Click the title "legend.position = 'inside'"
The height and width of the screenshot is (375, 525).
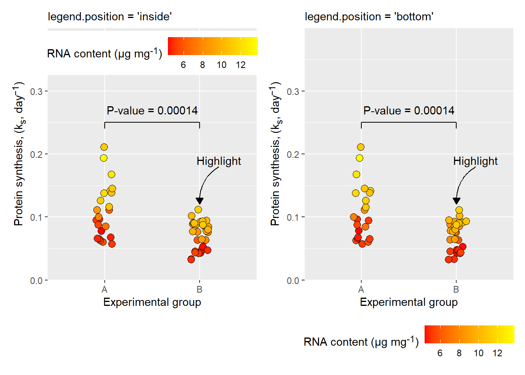click(x=110, y=17)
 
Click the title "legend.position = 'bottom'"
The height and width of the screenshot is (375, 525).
click(x=369, y=17)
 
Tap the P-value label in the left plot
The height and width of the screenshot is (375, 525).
click(x=152, y=111)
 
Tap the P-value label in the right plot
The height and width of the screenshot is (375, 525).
click(x=409, y=111)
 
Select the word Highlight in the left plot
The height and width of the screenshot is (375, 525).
click(x=219, y=161)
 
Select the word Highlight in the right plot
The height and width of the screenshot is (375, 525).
click(x=475, y=161)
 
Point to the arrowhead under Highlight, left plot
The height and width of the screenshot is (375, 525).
click(x=200, y=201)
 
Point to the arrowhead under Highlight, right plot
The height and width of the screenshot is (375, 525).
click(x=456, y=201)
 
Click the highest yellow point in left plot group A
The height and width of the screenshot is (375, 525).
click(x=104, y=147)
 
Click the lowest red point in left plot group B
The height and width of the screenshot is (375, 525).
click(x=191, y=259)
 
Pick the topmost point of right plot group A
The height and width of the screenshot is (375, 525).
click(x=361, y=147)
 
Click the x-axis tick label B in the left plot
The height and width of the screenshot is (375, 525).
click(x=200, y=290)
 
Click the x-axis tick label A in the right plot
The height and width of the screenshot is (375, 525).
click(x=361, y=290)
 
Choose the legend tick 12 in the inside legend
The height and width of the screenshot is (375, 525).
click(x=241, y=65)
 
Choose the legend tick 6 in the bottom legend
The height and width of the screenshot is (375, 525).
click(x=440, y=354)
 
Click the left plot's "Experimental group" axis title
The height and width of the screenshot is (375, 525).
click(x=152, y=302)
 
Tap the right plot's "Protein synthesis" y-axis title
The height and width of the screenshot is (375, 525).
click(x=276, y=154)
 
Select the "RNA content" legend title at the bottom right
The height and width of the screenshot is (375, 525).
click(x=361, y=342)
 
